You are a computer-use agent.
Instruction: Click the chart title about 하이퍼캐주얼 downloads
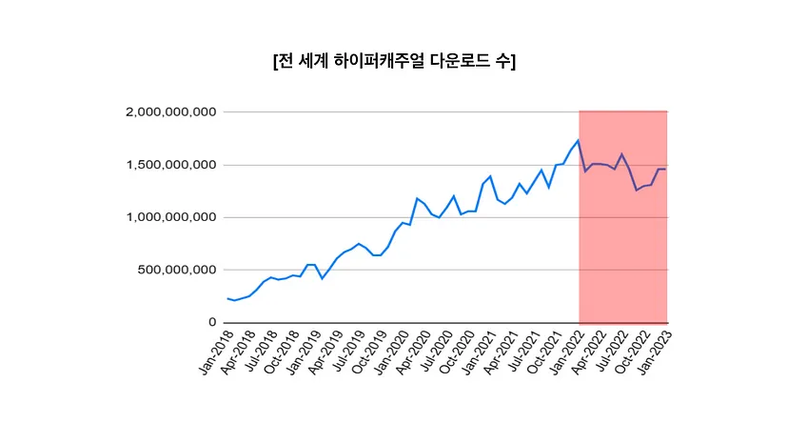[394, 61]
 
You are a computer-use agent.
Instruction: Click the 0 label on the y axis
[213, 322]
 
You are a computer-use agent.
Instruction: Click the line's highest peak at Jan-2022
[579, 141]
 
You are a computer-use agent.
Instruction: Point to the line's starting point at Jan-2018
[228, 298]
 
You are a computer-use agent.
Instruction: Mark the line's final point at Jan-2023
[665, 169]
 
